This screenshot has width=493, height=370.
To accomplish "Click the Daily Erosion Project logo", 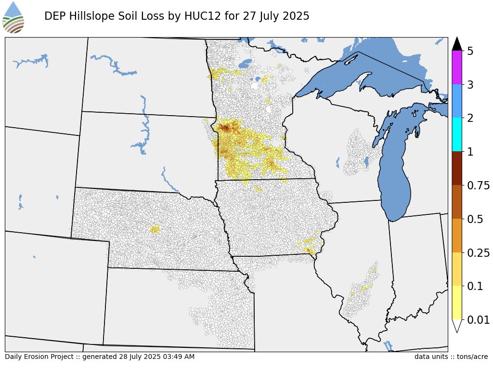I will pyautogui.click(x=13, y=17).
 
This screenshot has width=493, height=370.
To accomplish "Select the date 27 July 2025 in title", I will pyautogui.click(x=275, y=16).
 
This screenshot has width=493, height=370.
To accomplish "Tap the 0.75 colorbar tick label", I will pyautogui.click(x=477, y=185).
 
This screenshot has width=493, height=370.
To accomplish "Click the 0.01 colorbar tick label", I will pyautogui.click(x=477, y=320).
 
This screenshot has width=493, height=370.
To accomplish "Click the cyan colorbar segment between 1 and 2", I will pyautogui.click(x=457, y=135).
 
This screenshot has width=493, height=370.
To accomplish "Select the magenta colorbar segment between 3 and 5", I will pyautogui.click(x=457, y=67).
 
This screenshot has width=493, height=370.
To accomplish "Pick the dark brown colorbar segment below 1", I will pyautogui.click(x=457, y=168).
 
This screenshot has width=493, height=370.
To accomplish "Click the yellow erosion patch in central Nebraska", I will pyautogui.click(x=155, y=229).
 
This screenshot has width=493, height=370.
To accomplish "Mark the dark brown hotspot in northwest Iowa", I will pyautogui.click(x=225, y=128).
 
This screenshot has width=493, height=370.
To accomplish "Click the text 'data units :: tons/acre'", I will pyautogui.click(x=451, y=357).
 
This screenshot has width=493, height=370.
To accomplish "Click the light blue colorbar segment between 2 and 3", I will pyautogui.click(x=457, y=101).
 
